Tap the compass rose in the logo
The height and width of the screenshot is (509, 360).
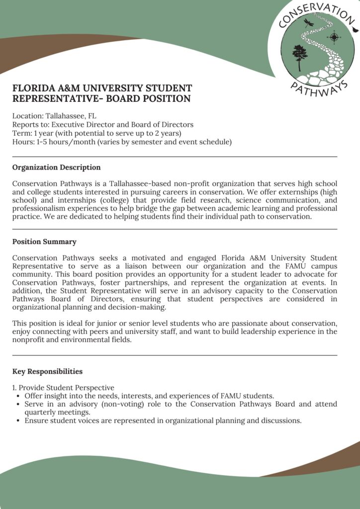tap(334, 37)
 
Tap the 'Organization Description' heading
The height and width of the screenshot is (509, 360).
tap(56, 168)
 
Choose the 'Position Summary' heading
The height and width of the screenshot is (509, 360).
tap(44, 242)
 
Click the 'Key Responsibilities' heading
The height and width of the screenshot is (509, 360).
tap(47, 371)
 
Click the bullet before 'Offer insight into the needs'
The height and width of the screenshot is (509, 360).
tap(18, 396)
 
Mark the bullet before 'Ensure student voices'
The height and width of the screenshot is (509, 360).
tap(18, 421)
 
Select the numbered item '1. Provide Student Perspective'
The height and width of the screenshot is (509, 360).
tap(63, 388)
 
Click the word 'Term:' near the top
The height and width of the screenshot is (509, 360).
tap(21, 133)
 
